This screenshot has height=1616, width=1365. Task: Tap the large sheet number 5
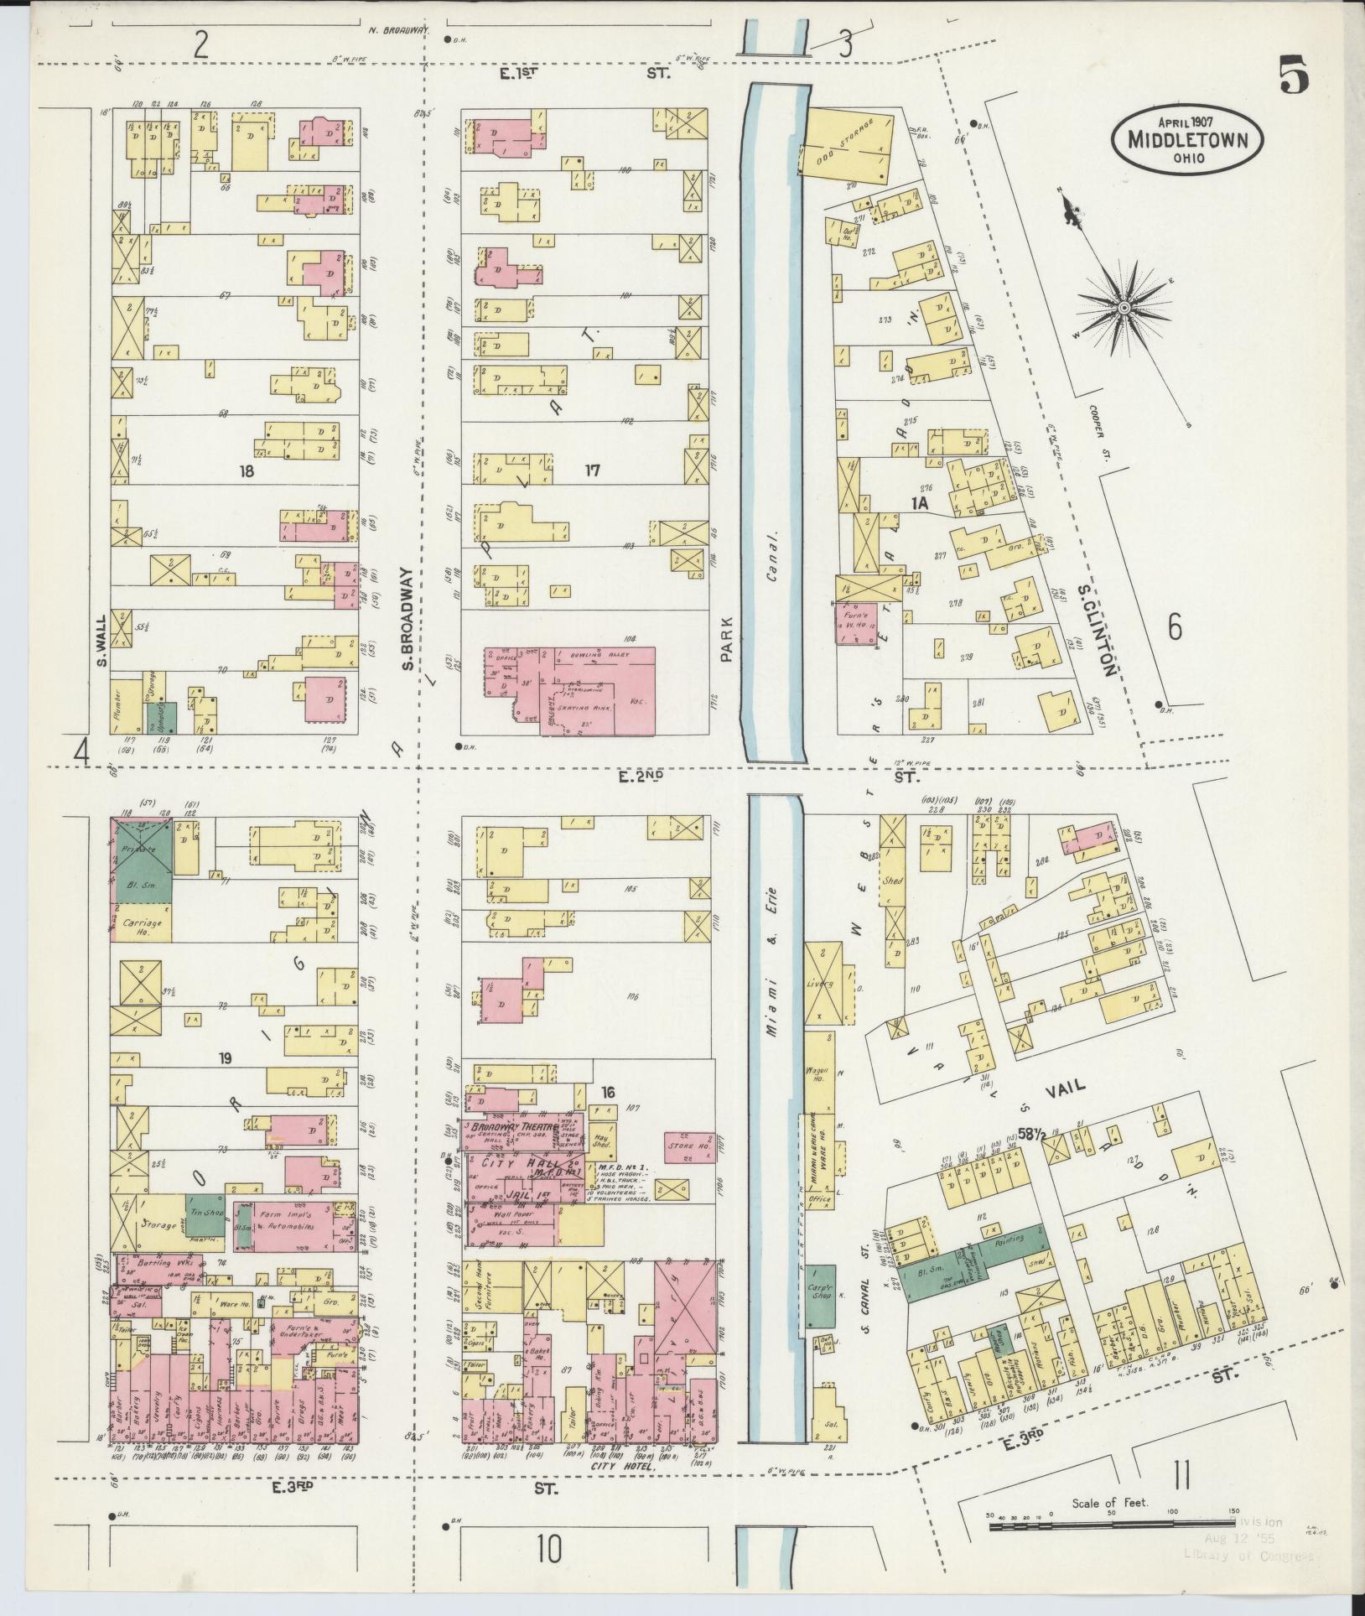point(1293,76)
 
